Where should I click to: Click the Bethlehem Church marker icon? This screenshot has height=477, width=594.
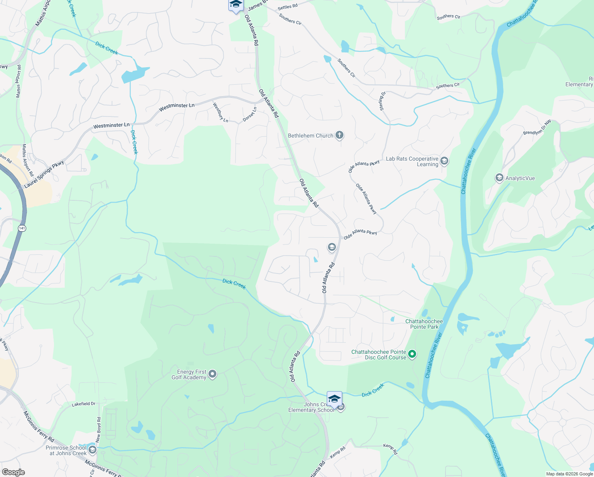(339, 135)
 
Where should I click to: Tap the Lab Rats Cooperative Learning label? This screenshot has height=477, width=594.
(412, 161)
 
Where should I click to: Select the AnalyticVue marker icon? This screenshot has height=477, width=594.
(499, 178)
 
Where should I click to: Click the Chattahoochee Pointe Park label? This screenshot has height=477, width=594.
(424, 324)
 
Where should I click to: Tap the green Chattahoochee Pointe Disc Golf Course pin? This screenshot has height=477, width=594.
(412, 354)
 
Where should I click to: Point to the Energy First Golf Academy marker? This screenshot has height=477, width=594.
(212, 374)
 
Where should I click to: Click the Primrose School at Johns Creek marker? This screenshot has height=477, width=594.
(93, 450)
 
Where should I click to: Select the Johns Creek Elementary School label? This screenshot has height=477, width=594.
(311, 407)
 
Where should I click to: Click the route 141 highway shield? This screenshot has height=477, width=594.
(22, 228)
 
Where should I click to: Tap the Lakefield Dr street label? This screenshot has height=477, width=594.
(83, 404)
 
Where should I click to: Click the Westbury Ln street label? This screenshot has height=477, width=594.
(220, 112)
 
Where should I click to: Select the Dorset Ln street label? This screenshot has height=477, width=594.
(250, 114)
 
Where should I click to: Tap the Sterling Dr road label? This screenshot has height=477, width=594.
(382, 101)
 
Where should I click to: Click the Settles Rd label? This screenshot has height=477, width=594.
(287, 7)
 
